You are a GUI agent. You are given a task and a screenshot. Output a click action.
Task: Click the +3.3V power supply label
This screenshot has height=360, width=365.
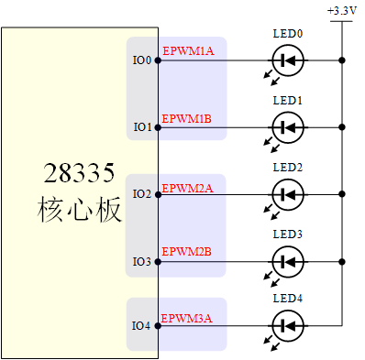point(342,10)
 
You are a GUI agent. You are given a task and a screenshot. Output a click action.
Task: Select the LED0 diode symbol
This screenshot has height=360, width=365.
point(288,61)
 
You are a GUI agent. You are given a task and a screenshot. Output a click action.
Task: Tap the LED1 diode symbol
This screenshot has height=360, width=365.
point(288,127)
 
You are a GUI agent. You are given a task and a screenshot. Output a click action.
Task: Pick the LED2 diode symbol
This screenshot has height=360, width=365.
point(288,194)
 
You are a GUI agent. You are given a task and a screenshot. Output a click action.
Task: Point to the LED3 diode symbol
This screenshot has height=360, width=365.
point(288,261)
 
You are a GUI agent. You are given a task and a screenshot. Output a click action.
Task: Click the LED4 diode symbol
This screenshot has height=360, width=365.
point(288,325)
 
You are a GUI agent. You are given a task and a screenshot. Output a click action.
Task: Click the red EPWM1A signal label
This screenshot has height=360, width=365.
point(188,51)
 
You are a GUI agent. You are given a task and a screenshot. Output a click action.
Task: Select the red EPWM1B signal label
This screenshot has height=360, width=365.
point(188,118)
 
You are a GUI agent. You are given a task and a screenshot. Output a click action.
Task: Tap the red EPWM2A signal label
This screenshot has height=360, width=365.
point(188,188)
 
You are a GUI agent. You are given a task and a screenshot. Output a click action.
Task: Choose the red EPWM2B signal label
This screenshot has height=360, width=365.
point(188,251)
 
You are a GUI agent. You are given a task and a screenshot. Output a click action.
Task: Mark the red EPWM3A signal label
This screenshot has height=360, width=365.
point(188,318)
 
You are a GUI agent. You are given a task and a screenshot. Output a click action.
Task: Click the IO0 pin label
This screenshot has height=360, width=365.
point(142,61)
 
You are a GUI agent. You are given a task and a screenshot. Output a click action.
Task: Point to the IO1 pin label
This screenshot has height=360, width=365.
point(142,127)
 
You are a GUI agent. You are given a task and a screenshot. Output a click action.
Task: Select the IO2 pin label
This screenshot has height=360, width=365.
point(142,194)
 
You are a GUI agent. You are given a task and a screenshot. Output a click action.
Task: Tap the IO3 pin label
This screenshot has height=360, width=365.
point(142,261)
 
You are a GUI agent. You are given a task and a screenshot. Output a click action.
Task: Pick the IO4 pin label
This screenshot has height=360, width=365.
point(142,326)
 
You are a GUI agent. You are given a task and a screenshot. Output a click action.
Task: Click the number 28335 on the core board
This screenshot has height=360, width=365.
point(79,173)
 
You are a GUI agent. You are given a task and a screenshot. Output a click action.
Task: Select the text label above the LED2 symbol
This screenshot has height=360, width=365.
point(287,168)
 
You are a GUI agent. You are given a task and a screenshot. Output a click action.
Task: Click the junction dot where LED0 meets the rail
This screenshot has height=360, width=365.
point(342,61)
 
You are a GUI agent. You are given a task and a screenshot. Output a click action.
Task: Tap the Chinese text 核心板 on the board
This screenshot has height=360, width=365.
point(79,208)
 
